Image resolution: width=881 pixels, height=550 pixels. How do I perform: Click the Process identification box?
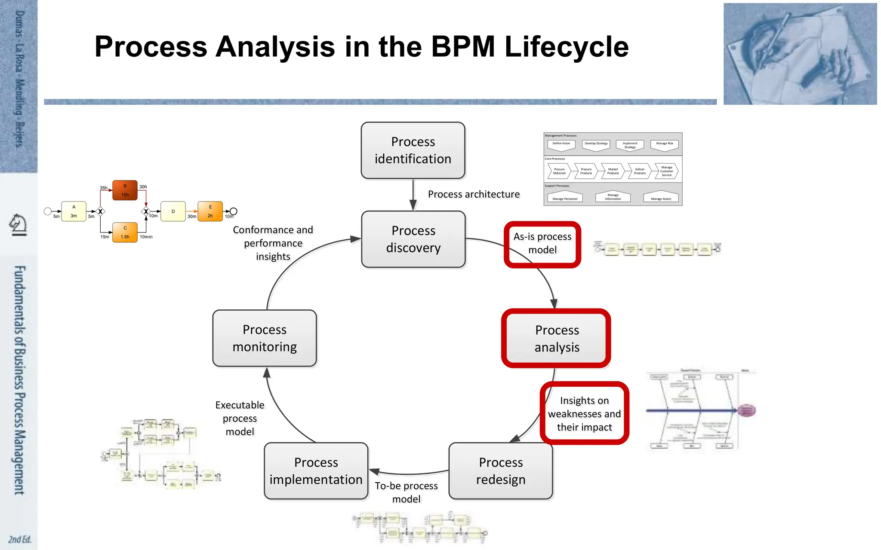pyautogui.click(x=413, y=150)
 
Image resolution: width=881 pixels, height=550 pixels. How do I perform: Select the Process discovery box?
pyautogui.click(x=413, y=239)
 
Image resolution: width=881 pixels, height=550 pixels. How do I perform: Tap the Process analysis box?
pyautogui.click(x=557, y=339)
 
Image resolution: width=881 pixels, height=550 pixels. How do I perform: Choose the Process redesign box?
pyautogui.click(x=501, y=471)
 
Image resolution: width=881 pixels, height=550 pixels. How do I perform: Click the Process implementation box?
pyautogui.click(x=316, y=471)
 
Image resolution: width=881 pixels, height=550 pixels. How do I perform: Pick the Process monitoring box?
pyautogui.click(x=265, y=338)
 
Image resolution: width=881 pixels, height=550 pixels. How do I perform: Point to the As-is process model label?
pyautogui.click(x=542, y=243)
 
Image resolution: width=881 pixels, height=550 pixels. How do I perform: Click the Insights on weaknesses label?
pyautogui.click(x=584, y=413)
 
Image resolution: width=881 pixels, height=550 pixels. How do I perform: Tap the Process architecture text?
pyautogui.click(x=474, y=194)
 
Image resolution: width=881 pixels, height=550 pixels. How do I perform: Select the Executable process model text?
pyautogui.click(x=240, y=418)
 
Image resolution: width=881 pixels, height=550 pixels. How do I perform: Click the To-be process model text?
pyautogui.click(x=406, y=492)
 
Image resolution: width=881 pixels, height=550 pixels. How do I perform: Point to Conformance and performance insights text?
pyautogui.click(x=273, y=243)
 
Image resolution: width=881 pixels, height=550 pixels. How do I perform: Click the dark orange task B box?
pyautogui.click(x=125, y=190)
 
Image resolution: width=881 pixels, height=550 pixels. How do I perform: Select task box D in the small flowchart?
pyautogui.click(x=173, y=211)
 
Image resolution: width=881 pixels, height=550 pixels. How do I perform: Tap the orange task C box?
pyautogui.click(x=125, y=232)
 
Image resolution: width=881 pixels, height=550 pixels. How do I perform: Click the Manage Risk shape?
pyautogui.click(x=665, y=145)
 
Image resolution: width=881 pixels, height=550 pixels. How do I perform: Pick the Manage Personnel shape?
pyautogui.click(x=565, y=197)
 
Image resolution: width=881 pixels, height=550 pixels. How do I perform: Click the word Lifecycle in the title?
pyautogui.click(x=566, y=46)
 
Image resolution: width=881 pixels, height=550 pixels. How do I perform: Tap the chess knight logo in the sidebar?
pyautogui.click(x=18, y=225)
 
